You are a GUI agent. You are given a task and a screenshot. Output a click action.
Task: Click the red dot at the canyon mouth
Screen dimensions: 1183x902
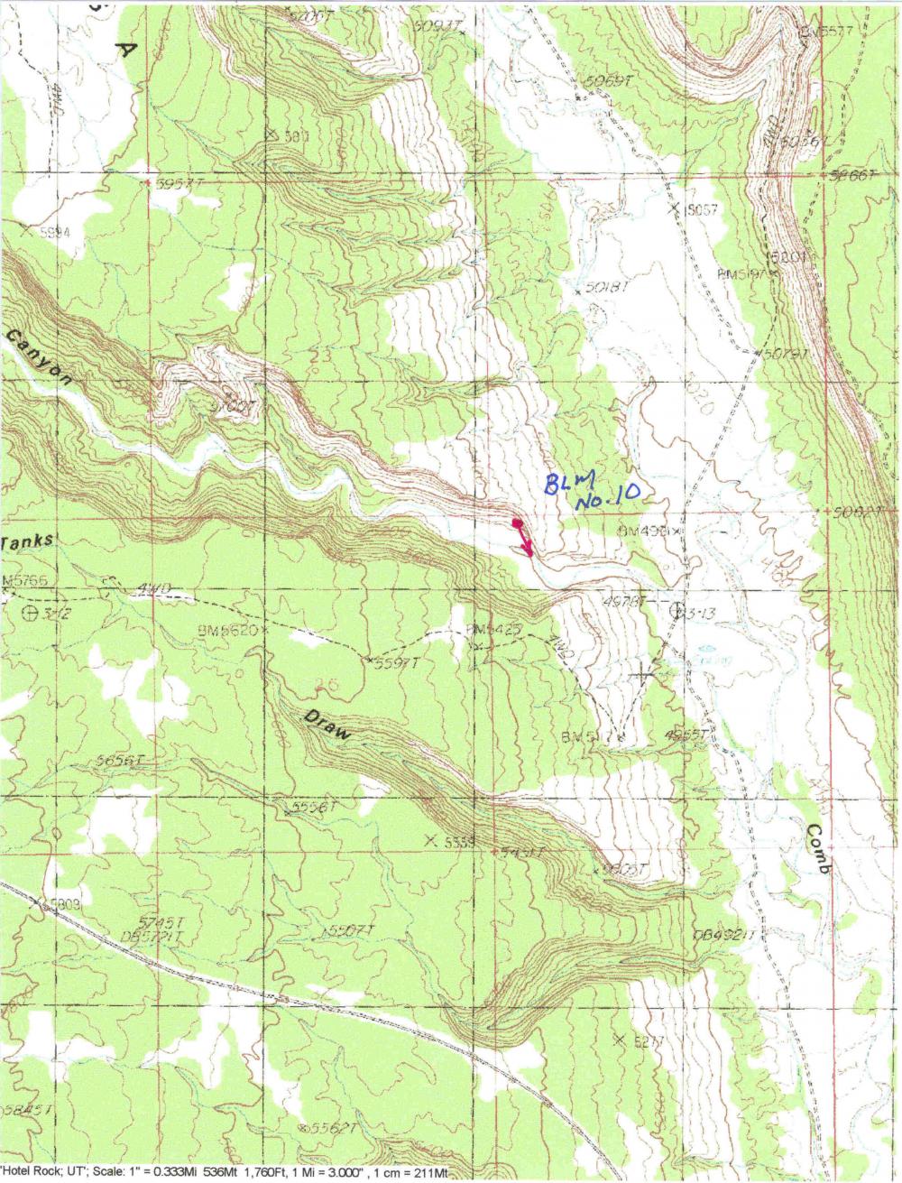(x=517, y=523)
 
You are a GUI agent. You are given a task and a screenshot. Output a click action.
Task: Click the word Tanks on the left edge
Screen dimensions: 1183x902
(x=27, y=542)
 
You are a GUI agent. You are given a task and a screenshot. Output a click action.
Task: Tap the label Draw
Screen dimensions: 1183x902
(x=324, y=727)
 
